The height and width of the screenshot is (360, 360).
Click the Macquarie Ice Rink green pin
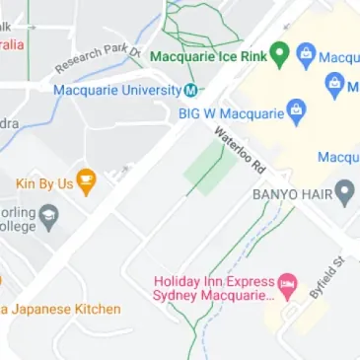pyautogui.click(x=280, y=54)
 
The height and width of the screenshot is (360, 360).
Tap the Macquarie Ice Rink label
pyautogui.click(x=207, y=55)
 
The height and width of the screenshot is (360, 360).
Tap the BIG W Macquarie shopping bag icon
pyautogui.click(x=294, y=113)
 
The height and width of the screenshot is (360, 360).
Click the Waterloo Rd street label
pyautogui.click(x=241, y=149)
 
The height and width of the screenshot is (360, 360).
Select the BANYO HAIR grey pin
pyautogui.click(x=344, y=192)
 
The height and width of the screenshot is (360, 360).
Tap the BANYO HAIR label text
pyautogui.click(x=292, y=193)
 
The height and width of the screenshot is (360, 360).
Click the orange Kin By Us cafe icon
pyautogui.click(x=87, y=182)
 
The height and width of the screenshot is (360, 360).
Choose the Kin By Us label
pyautogui.click(x=44, y=183)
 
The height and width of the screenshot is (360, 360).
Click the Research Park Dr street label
pyautogui.click(x=98, y=59)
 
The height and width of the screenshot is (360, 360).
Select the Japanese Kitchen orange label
pyautogui.click(x=61, y=309)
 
